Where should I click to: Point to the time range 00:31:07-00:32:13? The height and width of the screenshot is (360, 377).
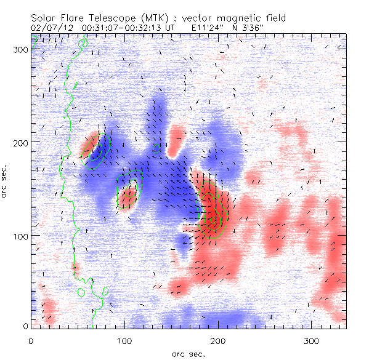(111, 28)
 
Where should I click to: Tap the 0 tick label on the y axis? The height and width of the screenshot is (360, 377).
(25, 326)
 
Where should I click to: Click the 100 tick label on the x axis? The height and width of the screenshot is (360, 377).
(124, 340)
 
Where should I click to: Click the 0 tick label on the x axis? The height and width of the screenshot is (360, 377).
(31, 340)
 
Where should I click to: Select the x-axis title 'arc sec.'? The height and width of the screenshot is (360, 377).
(188, 354)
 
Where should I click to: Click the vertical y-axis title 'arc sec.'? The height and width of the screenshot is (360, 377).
(6, 180)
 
